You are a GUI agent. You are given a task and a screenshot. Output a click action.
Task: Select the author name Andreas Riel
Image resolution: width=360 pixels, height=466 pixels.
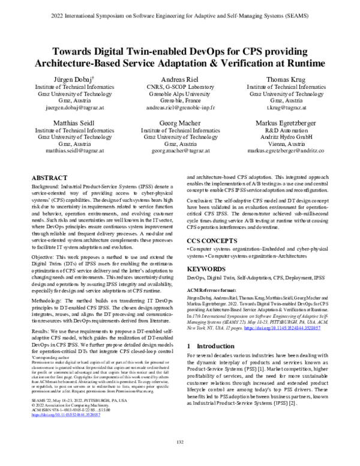click(x=180, y=79)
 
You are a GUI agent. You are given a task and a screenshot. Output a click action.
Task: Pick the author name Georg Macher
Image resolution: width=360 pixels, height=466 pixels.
click(x=180, y=123)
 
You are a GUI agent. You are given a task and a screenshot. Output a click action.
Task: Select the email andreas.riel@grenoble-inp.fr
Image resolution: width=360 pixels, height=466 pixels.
click(x=180, y=109)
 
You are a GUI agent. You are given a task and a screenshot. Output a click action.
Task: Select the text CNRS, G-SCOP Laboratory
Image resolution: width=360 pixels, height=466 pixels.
click(x=180, y=86)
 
